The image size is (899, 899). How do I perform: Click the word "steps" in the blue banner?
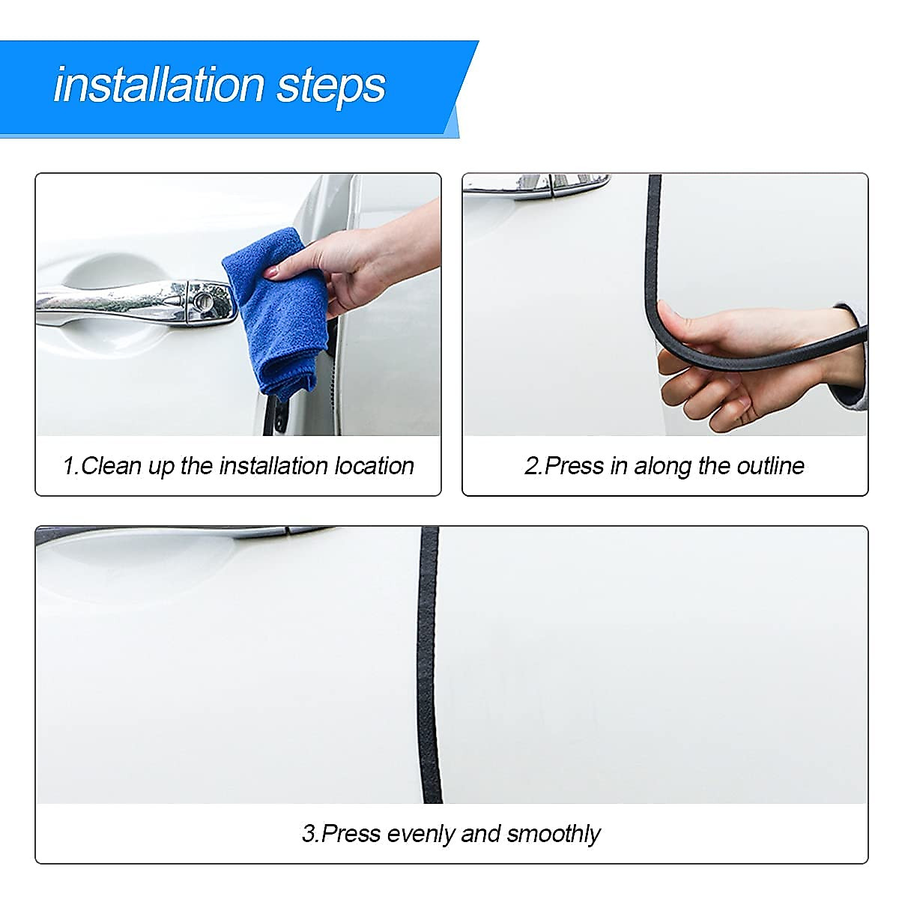point(331,86)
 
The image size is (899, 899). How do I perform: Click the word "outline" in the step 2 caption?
point(770,466)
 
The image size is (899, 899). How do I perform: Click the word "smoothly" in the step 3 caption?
point(554,834)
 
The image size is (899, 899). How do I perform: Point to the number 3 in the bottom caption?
point(308,834)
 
